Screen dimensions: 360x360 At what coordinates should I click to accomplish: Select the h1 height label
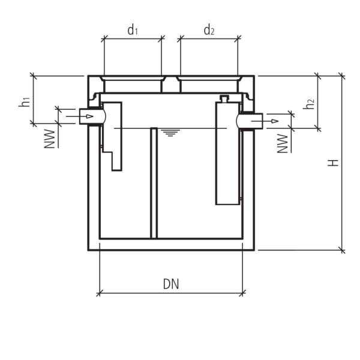(x=24, y=102)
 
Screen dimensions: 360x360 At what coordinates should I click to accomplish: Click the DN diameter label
(x=171, y=284)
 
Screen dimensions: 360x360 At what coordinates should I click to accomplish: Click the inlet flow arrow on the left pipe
(x=88, y=115)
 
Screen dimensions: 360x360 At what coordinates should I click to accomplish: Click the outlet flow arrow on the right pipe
(x=273, y=122)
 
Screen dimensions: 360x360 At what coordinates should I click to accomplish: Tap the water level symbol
(x=172, y=133)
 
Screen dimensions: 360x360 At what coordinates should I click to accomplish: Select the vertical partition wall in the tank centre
(x=154, y=182)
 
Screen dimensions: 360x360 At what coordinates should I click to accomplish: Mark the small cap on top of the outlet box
(x=224, y=98)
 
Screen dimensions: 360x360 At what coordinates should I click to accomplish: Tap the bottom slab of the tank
(x=171, y=244)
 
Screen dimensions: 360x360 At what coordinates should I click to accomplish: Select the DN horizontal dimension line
(x=171, y=293)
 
